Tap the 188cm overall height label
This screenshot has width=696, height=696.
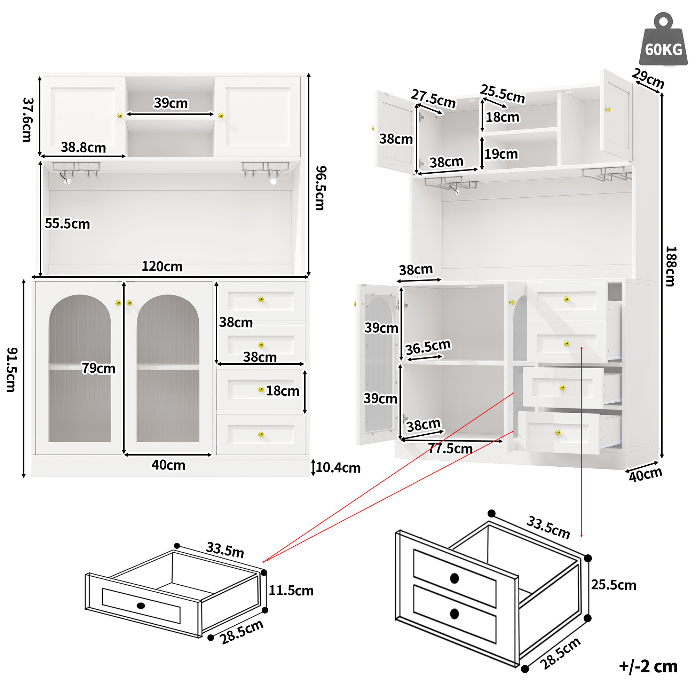coord(671,266)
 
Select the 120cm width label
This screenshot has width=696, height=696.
coord(162,267)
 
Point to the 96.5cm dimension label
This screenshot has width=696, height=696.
coord(320,188)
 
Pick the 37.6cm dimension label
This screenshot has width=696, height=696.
coord(27,120)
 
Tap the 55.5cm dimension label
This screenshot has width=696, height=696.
coord(67,224)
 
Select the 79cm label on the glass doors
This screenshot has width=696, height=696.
coord(98,368)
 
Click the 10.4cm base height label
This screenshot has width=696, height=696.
coord(338,468)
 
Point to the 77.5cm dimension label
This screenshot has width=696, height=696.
coord(450,449)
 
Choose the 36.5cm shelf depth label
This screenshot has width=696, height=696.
coord(428,347)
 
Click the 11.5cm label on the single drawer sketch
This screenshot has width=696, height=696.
coord(291,591)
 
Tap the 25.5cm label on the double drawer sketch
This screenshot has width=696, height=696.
coord(614,585)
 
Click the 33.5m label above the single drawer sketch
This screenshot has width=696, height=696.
coord(225,550)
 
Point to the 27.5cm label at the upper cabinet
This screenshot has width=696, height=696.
coord(433,98)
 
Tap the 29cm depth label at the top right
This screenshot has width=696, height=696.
coord(648,78)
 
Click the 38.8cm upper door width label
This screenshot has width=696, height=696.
coord(83,147)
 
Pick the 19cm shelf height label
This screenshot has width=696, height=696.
coord(501,154)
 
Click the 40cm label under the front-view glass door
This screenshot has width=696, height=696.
coord(168,465)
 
